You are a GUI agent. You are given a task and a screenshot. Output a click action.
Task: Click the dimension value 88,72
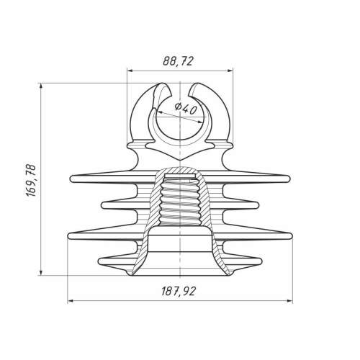178,61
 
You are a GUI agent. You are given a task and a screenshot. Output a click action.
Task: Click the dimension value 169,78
31,181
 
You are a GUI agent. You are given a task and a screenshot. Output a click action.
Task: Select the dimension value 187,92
179,292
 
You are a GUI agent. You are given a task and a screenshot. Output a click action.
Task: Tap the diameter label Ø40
186,109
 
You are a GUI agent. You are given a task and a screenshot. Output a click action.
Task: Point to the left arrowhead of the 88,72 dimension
130,71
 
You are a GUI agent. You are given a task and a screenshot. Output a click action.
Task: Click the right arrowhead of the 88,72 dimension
230,71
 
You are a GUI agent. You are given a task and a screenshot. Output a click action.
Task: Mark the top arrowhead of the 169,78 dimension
42,86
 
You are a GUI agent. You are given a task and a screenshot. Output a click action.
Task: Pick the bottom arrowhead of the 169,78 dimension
42,272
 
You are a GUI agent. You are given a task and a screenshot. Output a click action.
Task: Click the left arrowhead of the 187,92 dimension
71,301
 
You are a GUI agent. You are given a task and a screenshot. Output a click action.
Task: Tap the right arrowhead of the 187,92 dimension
289,301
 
